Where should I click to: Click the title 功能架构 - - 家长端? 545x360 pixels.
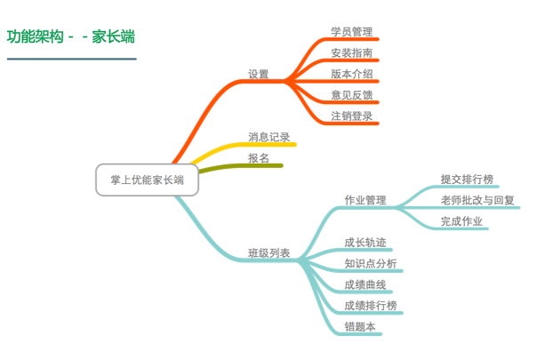pyautogui.click(x=71, y=38)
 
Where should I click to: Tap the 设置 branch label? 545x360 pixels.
pyautogui.click(x=258, y=74)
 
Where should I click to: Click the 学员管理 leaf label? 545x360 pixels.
pyautogui.click(x=351, y=31)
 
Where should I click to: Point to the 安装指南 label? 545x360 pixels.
pyautogui.click(x=351, y=52)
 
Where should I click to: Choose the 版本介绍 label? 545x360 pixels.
pyautogui.click(x=351, y=74)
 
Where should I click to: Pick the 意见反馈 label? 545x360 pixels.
pyautogui.click(x=351, y=94)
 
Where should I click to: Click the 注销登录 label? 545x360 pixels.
pyautogui.click(x=351, y=116)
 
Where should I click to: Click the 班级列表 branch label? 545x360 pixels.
pyautogui.click(x=266, y=252)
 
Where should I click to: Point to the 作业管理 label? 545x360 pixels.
pyautogui.click(x=365, y=200)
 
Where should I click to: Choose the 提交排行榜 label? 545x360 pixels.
pyautogui.click(x=466, y=179)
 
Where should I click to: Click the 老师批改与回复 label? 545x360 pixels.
pyautogui.click(x=478, y=200)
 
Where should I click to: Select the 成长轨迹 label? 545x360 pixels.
pyautogui.click(x=365, y=242)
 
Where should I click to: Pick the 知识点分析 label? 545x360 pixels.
pyautogui.click(x=371, y=263)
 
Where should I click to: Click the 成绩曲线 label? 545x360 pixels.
pyautogui.click(x=365, y=284)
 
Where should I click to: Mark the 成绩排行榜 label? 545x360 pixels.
pyautogui.click(x=371, y=305)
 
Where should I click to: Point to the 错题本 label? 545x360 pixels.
pyautogui.click(x=360, y=326)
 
